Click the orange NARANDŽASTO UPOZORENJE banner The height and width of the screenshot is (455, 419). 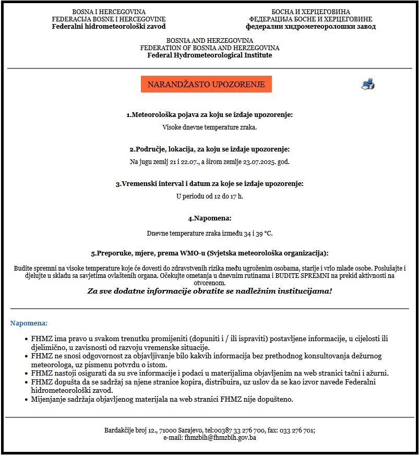point(206,84)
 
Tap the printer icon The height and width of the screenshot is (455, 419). point(367,84)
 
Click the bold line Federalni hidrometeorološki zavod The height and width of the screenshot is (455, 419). point(109,27)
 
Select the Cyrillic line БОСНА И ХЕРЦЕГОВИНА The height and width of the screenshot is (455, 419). point(310,11)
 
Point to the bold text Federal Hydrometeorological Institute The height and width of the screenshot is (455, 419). point(209,55)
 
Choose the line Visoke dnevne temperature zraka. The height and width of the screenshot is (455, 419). point(209,127)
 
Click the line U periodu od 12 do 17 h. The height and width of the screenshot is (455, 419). point(209,196)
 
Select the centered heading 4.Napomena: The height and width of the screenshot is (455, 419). point(209,218)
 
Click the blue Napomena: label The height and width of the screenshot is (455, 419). point(29,323)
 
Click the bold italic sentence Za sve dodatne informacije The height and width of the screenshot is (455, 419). point(209,291)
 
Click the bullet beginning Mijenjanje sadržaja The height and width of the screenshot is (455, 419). point(162,400)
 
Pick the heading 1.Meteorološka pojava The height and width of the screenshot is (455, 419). point(209,114)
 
